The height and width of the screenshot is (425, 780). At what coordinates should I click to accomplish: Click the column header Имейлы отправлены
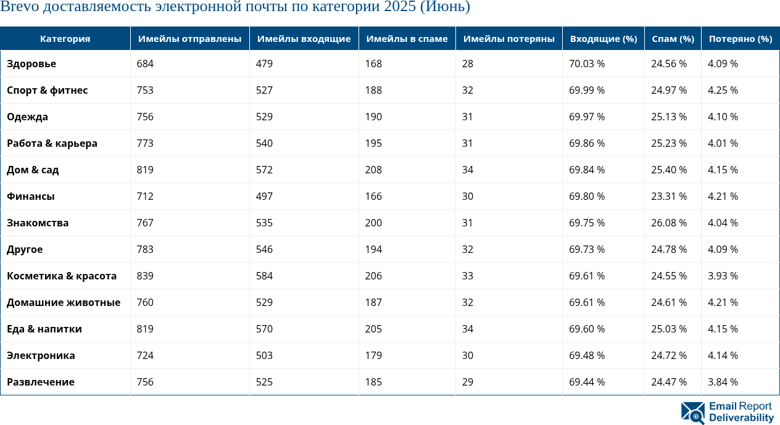tap(189, 39)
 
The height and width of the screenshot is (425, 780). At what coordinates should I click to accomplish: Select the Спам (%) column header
tap(673, 39)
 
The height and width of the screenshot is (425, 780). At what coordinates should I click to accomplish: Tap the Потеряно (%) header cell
tap(740, 39)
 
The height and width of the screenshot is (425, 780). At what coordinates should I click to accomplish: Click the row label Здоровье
tap(31, 64)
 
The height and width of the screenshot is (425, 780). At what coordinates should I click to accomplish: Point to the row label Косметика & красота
tap(62, 276)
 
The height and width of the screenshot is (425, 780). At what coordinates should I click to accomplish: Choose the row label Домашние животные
tap(64, 303)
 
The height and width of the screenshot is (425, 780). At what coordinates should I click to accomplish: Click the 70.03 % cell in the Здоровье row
tap(587, 64)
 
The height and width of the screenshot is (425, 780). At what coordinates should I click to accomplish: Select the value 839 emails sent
tap(145, 276)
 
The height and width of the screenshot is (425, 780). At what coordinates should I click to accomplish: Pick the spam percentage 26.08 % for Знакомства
tap(669, 223)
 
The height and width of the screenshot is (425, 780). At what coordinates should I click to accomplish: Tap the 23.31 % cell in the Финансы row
tap(669, 197)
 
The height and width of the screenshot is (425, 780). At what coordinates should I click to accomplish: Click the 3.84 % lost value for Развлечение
tap(723, 382)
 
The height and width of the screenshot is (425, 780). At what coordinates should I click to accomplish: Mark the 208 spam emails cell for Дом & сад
tap(373, 170)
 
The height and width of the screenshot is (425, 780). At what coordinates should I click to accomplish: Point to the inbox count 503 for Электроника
tap(264, 356)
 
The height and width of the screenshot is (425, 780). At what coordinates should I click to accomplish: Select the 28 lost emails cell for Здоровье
tap(468, 64)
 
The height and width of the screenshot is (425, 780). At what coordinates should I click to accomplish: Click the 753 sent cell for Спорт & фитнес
tap(145, 91)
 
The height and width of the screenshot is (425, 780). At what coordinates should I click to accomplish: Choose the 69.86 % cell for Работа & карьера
tap(587, 144)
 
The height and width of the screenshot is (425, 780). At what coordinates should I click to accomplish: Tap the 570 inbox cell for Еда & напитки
tap(264, 329)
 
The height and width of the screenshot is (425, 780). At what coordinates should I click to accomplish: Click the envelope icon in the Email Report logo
tap(693, 413)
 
